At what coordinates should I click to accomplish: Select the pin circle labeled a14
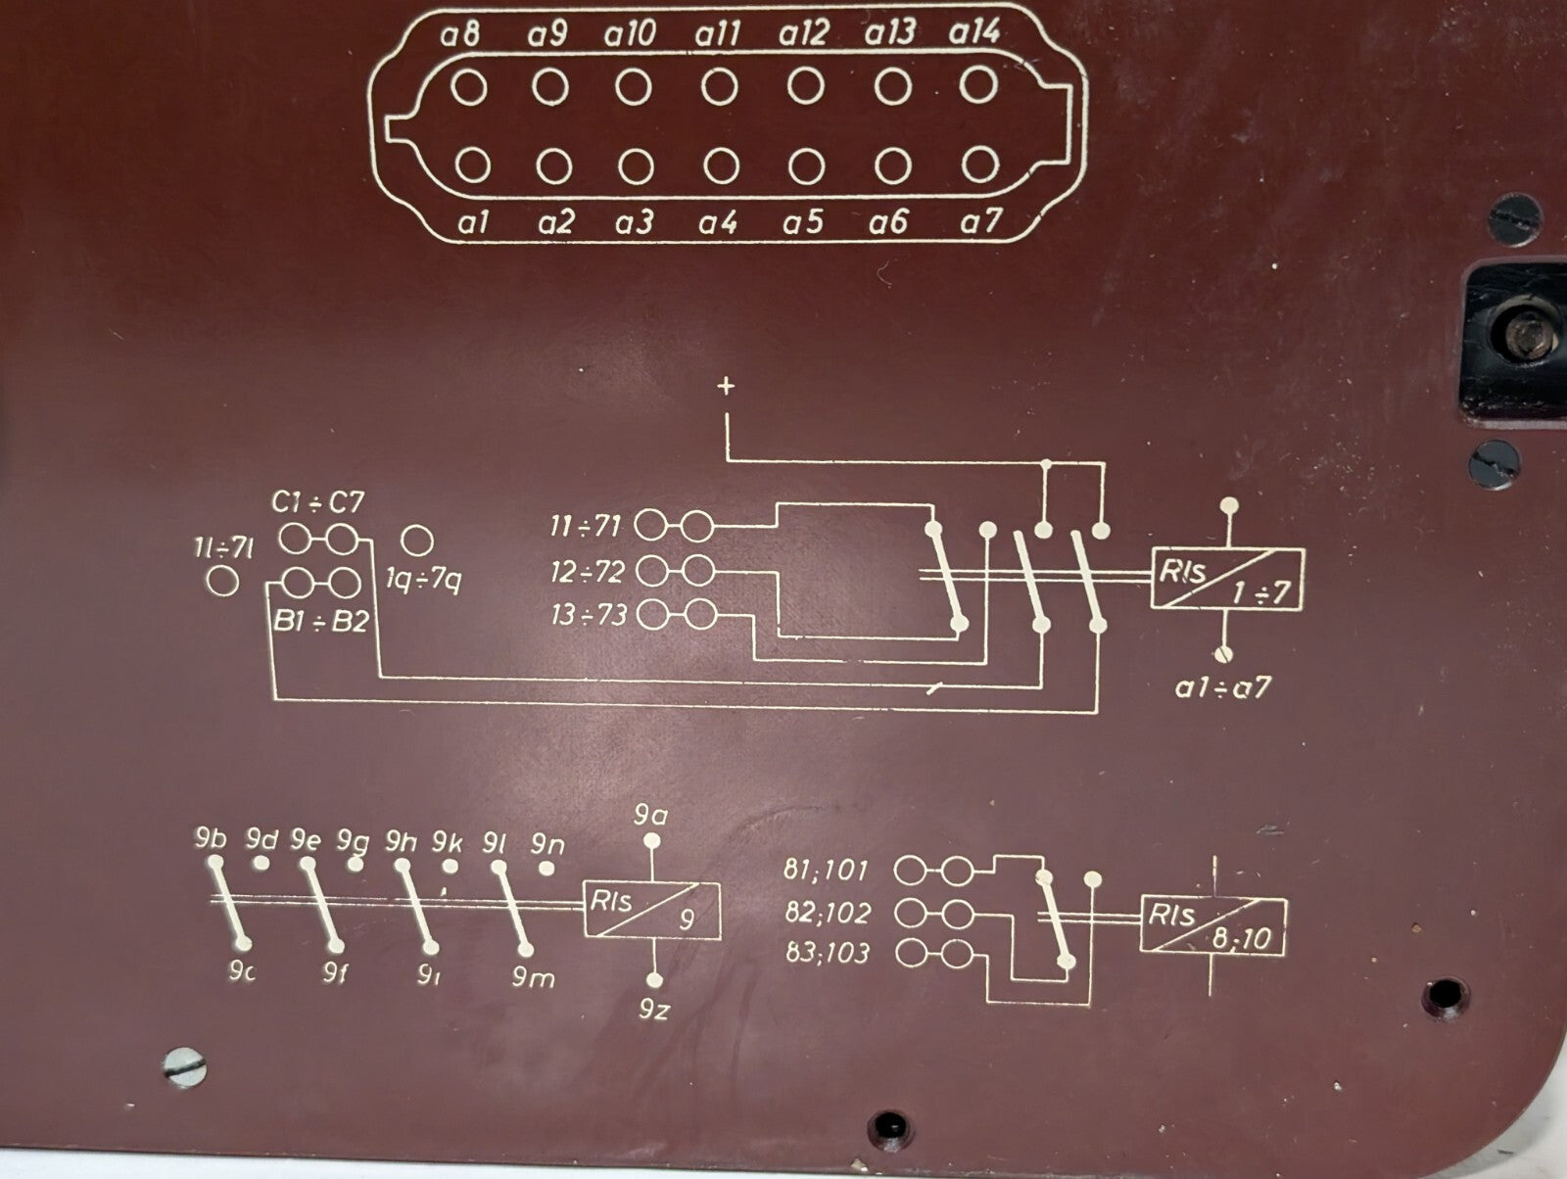[977, 85]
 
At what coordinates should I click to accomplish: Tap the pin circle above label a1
[473, 165]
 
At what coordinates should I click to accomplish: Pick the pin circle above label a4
[721, 166]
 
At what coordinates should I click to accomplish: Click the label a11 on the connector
[718, 35]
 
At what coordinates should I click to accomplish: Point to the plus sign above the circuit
[726, 387]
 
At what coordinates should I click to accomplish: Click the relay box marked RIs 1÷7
[1226, 581]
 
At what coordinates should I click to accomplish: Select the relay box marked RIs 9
[652, 911]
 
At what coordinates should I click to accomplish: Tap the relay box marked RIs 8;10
[1212, 925]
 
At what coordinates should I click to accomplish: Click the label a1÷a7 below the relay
[1222, 687]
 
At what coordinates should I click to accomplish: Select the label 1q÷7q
[422, 582]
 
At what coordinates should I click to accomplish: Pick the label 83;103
[827, 953]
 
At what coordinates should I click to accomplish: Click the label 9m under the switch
[533, 976]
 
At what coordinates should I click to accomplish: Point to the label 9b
[211, 839]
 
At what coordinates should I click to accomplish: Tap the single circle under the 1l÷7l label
[223, 582]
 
